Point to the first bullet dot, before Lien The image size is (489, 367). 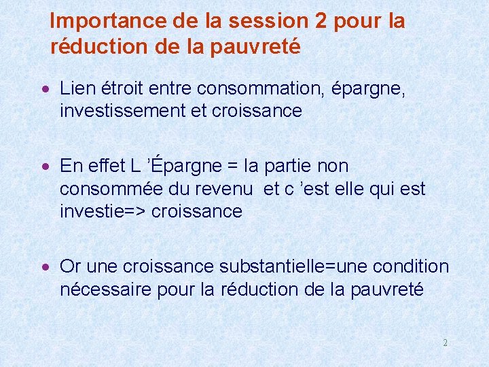point(45,89)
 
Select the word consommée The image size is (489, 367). point(111,189)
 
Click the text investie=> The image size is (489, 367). point(103,211)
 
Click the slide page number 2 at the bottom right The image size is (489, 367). point(445,343)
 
